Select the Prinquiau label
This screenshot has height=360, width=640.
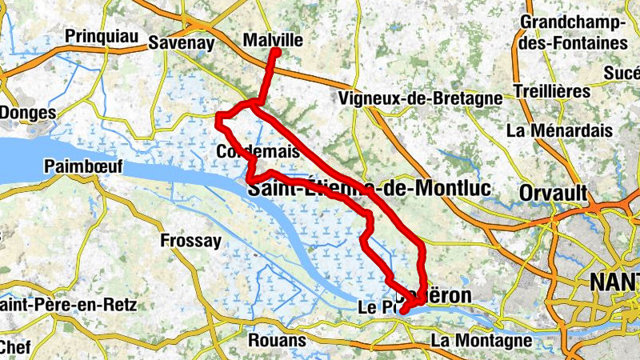pos(102,36)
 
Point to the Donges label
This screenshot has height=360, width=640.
pos(27,113)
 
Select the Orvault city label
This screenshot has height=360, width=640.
pos(553,193)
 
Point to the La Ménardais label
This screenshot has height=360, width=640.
pos(560,130)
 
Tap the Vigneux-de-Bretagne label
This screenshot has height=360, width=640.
pos(420,98)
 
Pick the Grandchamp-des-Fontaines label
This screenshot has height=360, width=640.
pos(573,31)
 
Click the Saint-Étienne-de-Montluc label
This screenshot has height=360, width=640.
pos(369,190)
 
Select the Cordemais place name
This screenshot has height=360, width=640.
pos(258,151)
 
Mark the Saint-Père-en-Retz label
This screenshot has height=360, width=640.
pos(68,305)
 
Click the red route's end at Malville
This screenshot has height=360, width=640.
pos(275,52)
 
